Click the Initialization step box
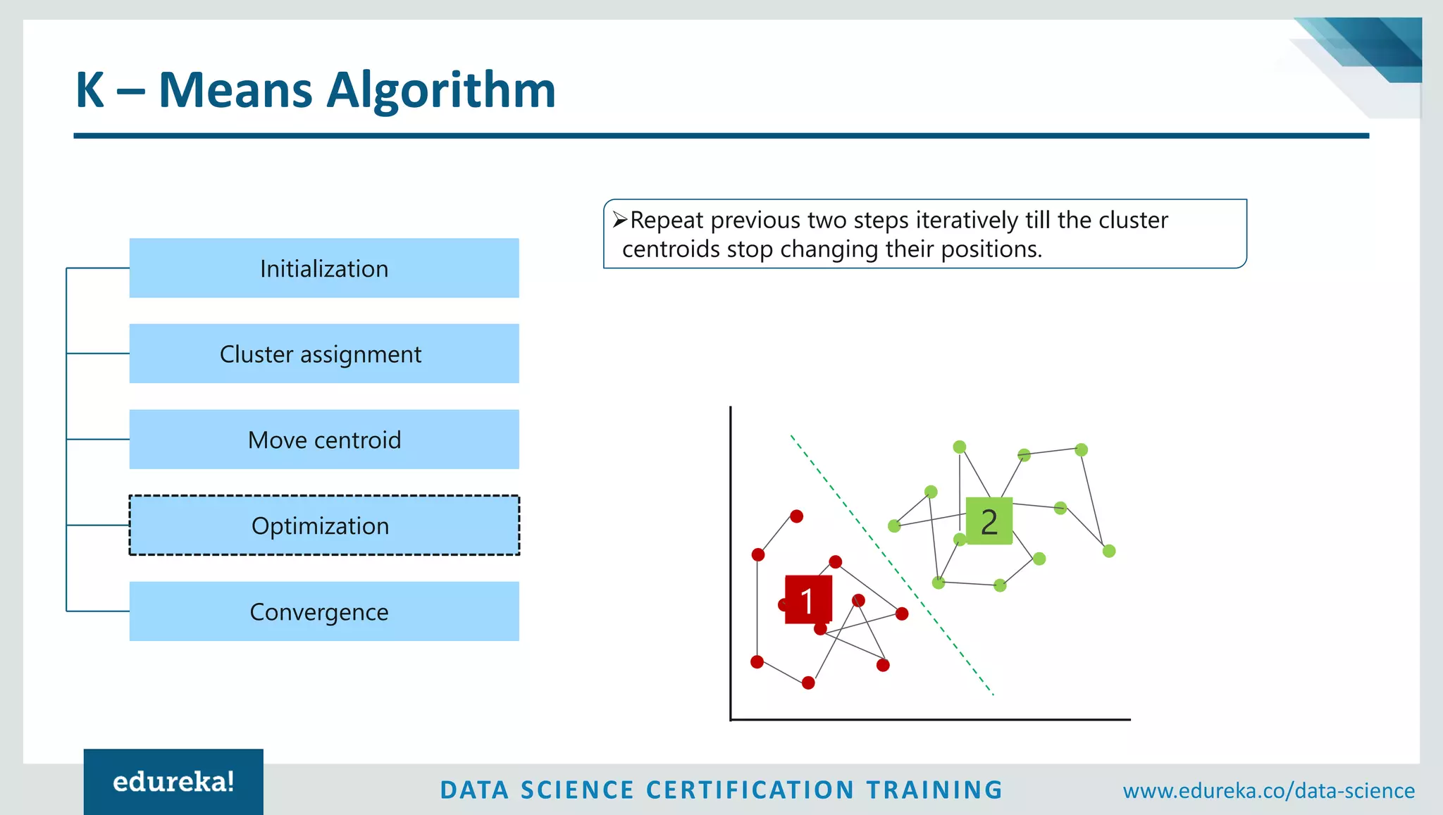pyautogui.click(x=324, y=268)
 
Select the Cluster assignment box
pyautogui.click(x=324, y=354)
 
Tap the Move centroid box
pyautogui.click(x=324, y=440)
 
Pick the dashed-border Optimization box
pyautogui.click(x=324, y=525)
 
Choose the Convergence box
pyautogui.click(x=324, y=611)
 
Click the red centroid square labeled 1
pyautogui.click(x=808, y=599)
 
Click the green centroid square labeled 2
pyautogui.click(x=989, y=521)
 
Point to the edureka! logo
pyautogui.click(x=173, y=782)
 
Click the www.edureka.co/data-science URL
pyautogui.click(x=1268, y=790)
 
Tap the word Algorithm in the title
pyautogui.click(x=441, y=90)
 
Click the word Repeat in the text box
pyautogui.click(x=667, y=220)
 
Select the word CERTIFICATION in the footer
pyautogui.click(x=750, y=790)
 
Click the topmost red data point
pyautogui.click(x=796, y=516)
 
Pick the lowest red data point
pyautogui.click(x=808, y=683)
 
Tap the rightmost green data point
pyautogui.click(x=1109, y=551)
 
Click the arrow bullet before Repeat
pyautogui.click(x=619, y=220)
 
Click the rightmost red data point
pyautogui.click(x=902, y=614)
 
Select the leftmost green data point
pyautogui.click(x=894, y=525)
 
